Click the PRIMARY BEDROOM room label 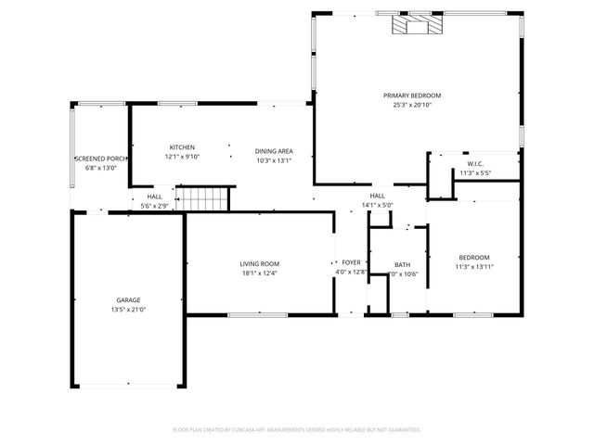point(412,95)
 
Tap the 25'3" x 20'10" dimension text point(412,105)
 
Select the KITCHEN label point(182,147)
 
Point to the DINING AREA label point(274,150)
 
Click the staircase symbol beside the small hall point(203,198)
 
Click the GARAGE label point(128,299)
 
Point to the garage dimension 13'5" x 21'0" point(128,309)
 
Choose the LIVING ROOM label point(259,264)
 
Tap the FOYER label point(351,262)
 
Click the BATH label point(402,265)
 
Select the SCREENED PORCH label point(100,159)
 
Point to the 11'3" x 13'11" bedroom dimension point(473,267)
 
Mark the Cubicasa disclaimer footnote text point(297,430)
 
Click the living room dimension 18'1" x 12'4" point(259,273)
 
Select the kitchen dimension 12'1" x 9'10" point(182,157)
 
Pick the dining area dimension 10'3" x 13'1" point(274,159)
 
